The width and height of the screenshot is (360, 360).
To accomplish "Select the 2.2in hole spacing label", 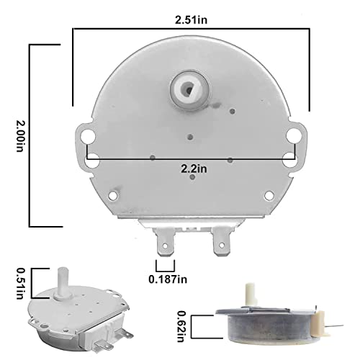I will (x=194, y=168).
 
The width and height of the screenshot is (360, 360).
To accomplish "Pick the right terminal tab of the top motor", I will (x=217, y=246).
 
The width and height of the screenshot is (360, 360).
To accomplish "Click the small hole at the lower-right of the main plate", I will (x=268, y=193).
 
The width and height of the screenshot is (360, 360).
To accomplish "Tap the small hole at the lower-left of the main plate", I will (x=114, y=193).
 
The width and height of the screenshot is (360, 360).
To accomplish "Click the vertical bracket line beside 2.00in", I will (x=30, y=135).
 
